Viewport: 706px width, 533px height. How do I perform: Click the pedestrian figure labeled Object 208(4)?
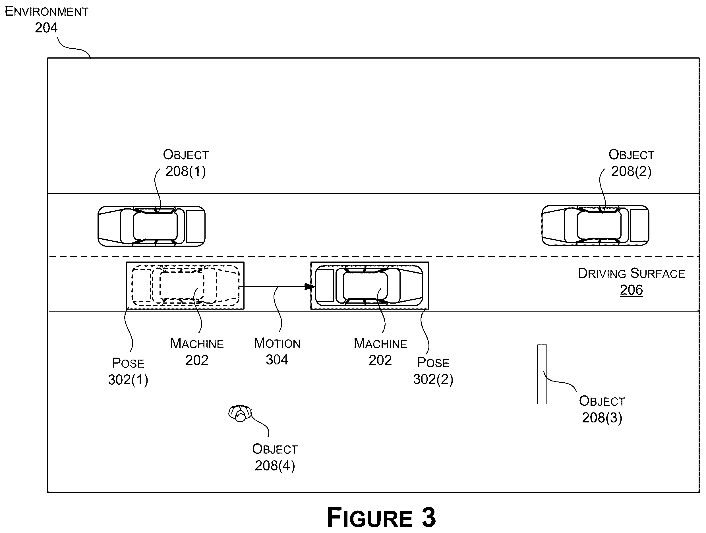click(240, 414)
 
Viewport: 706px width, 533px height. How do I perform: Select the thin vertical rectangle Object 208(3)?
click(542, 374)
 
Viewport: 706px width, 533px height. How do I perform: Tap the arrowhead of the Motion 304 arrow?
click(310, 287)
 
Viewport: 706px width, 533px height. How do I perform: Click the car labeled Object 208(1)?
click(151, 226)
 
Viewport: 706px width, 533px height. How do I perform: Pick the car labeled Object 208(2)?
click(595, 225)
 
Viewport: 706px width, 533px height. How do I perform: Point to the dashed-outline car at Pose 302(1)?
click(185, 286)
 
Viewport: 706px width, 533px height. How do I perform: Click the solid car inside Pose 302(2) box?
click(369, 286)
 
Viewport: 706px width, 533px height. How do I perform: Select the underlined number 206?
click(631, 290)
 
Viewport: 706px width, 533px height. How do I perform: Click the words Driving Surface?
click(631, 273)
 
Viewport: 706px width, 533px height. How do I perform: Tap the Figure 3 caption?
click(381, 517)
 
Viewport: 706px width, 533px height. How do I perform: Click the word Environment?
click(47, 11)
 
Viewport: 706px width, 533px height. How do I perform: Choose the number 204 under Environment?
click(46, 28)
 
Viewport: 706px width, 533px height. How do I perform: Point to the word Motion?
click(277, 343)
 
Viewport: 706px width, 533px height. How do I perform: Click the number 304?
click(277, 360)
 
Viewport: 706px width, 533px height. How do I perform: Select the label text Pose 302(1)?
click(128, 371)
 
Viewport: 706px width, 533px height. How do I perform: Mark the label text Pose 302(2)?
click(433, 371)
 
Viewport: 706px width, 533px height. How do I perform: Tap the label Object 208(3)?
click(602, 409)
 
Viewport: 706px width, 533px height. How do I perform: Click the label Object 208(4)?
click(275, 457)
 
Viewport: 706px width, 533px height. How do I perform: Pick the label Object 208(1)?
click(186, 163)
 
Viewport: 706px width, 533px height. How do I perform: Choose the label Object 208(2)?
click(631, 163)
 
